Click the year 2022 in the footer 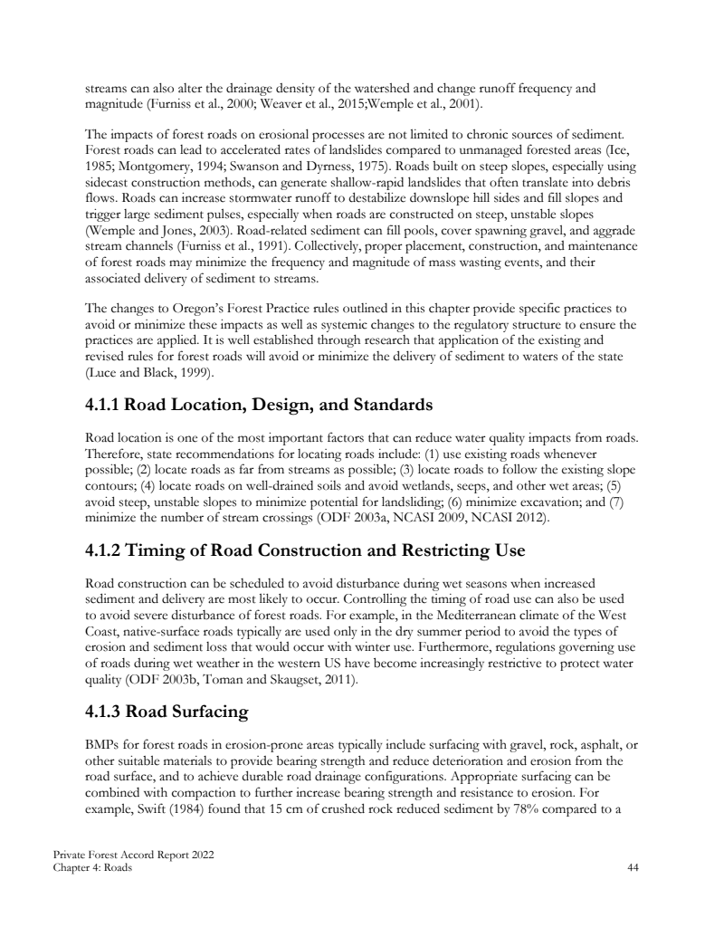tap(203, 856)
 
